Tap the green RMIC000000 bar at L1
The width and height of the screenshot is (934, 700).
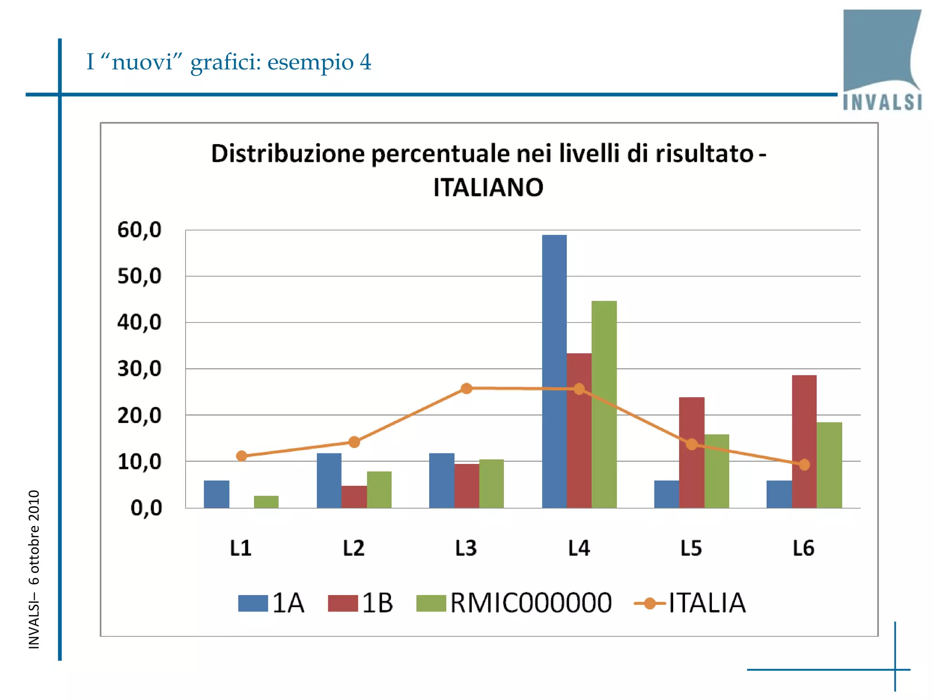coord(266,502)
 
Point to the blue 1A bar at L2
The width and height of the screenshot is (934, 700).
coord(329,480)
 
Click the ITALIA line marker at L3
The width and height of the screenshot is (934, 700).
coord(466,388)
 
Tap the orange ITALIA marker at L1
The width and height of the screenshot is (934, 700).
coord(242,456)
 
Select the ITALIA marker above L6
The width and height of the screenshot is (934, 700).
coord(804,464)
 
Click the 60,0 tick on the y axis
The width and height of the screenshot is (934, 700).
coord(140,230)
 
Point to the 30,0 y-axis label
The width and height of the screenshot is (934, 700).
coord(140,369)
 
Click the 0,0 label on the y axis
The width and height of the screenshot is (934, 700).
coord(146,508)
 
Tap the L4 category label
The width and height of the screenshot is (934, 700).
coord(579,548)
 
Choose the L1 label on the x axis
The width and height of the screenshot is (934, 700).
coord(241,548)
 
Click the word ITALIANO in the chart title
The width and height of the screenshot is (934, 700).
coord(488,187)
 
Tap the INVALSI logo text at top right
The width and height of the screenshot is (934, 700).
coord(882,102)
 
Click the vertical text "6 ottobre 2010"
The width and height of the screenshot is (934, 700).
coord(34,538)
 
